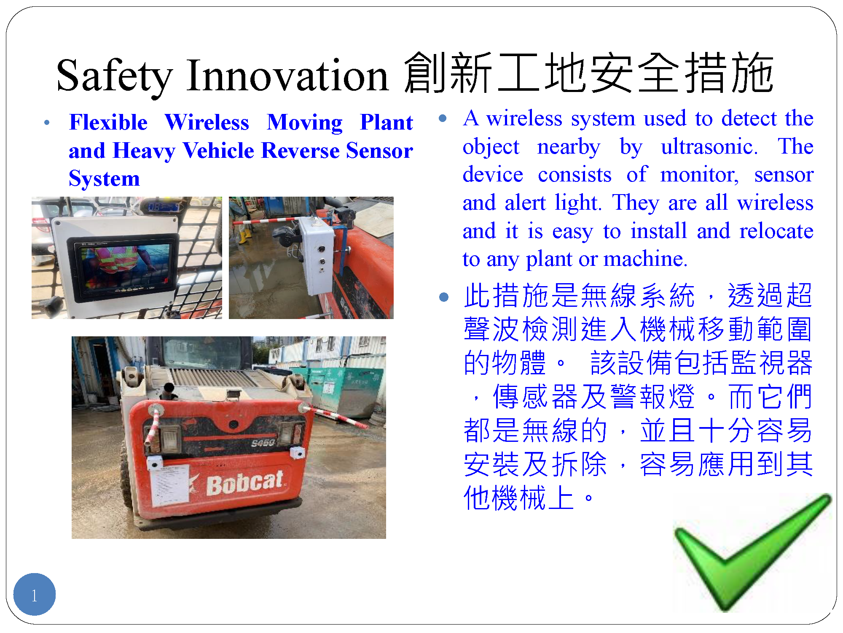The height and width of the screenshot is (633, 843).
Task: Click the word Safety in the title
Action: [x=115, y=76]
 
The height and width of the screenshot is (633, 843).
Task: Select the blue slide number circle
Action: [x=35, y=594]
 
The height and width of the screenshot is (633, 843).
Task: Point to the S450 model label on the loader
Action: [x=263, y=443]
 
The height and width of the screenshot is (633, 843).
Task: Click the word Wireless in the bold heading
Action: [x=207, y=122]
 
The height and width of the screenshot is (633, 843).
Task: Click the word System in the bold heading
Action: [x=104, y=179]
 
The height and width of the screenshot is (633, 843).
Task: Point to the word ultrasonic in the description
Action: [x=709, y=147]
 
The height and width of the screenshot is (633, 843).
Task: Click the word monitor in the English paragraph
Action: [x=699, y=175]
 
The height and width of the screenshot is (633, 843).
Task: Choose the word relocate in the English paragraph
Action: [x=776, y=231]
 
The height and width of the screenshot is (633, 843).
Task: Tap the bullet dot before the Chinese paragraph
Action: [x=443, y=297]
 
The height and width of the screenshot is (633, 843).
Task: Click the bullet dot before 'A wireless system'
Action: [x=443, y=118]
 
